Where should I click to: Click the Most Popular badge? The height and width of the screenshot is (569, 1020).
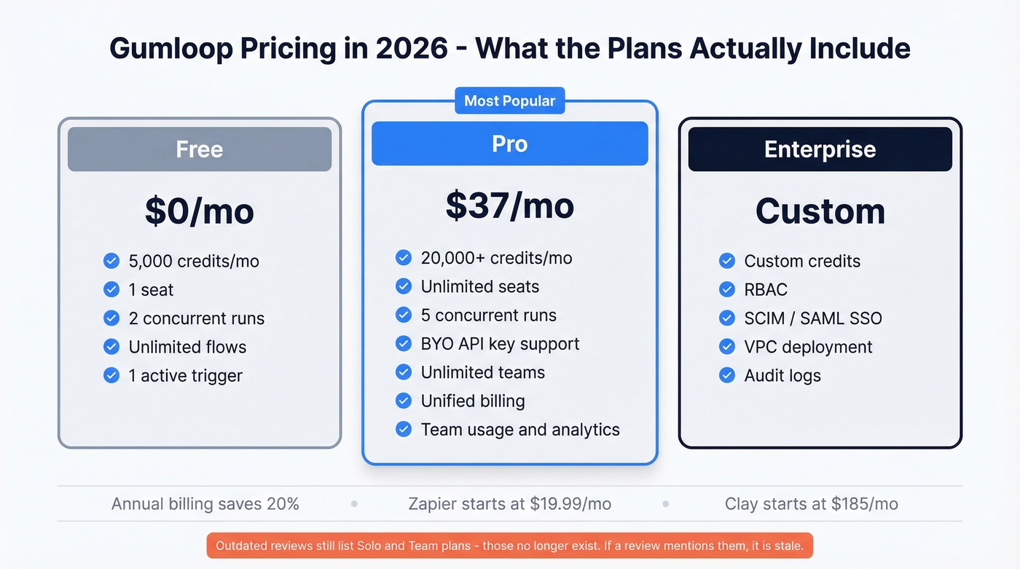point(509,101)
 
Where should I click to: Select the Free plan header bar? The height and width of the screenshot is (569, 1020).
point(200,149)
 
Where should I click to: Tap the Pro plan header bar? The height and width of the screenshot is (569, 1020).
point(509,144)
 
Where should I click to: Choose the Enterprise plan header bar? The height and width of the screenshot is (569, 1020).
point(820,149)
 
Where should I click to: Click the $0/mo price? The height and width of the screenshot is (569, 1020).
point(200,211)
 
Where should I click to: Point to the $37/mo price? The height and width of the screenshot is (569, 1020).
point(509,206)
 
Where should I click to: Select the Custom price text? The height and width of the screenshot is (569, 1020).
point(820,211)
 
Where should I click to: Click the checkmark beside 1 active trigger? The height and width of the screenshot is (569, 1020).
point(111,375)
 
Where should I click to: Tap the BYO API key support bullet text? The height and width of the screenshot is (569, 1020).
point(500,344)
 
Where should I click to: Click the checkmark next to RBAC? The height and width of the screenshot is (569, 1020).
point(726,289)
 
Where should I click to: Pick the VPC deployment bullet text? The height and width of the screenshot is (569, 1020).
point(808,347)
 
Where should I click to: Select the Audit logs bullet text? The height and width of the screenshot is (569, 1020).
point(782,376)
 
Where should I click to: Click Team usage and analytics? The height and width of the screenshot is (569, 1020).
point(519,430)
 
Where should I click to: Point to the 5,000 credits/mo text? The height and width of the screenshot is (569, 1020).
point(194,261)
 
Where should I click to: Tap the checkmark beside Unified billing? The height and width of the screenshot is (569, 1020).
point(404,401)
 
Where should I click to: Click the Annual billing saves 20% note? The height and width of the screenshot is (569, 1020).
point(205,503)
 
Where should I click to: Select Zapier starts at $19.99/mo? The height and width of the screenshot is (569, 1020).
point(509,503)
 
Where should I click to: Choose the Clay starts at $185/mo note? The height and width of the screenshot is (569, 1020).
point(811,503)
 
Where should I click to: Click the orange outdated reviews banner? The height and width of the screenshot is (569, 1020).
point(509,546)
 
